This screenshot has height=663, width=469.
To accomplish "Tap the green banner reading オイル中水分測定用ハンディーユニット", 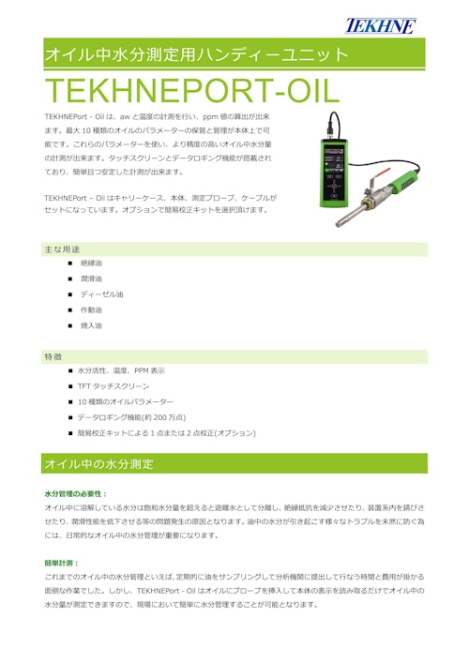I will (197, 54).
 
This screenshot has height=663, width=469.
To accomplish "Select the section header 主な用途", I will (62, 250).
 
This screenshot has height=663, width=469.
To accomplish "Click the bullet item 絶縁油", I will (92, 264).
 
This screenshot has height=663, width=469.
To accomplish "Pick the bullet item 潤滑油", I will (92, 279).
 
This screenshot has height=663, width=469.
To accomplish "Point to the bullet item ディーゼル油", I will (101, 294).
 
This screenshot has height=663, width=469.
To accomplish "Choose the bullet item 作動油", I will (92, 309).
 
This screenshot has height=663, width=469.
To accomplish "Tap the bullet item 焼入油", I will (92, 325).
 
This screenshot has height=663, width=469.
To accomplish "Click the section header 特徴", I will (53, 357).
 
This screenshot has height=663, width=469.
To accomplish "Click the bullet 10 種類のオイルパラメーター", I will (132, 401).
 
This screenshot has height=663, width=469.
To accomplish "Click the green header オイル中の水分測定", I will (99, 464).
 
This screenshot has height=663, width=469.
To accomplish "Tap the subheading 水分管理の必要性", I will (76, 493).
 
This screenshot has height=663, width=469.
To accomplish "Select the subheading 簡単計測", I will (64, 564).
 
